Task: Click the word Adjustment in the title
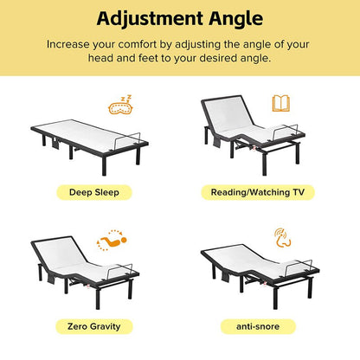click(150, 19)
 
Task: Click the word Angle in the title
click(236, 20)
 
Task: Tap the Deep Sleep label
click(94, 192)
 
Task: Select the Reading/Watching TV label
click(258, 192)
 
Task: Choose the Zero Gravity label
click(94, 326)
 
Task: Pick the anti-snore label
click(258, 326)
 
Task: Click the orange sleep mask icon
click(120, 105)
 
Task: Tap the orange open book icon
click(281, 103)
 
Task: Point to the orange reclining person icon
click(112, 241)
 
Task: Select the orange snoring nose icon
click(282, 238)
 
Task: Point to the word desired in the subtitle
click(218, 58)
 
